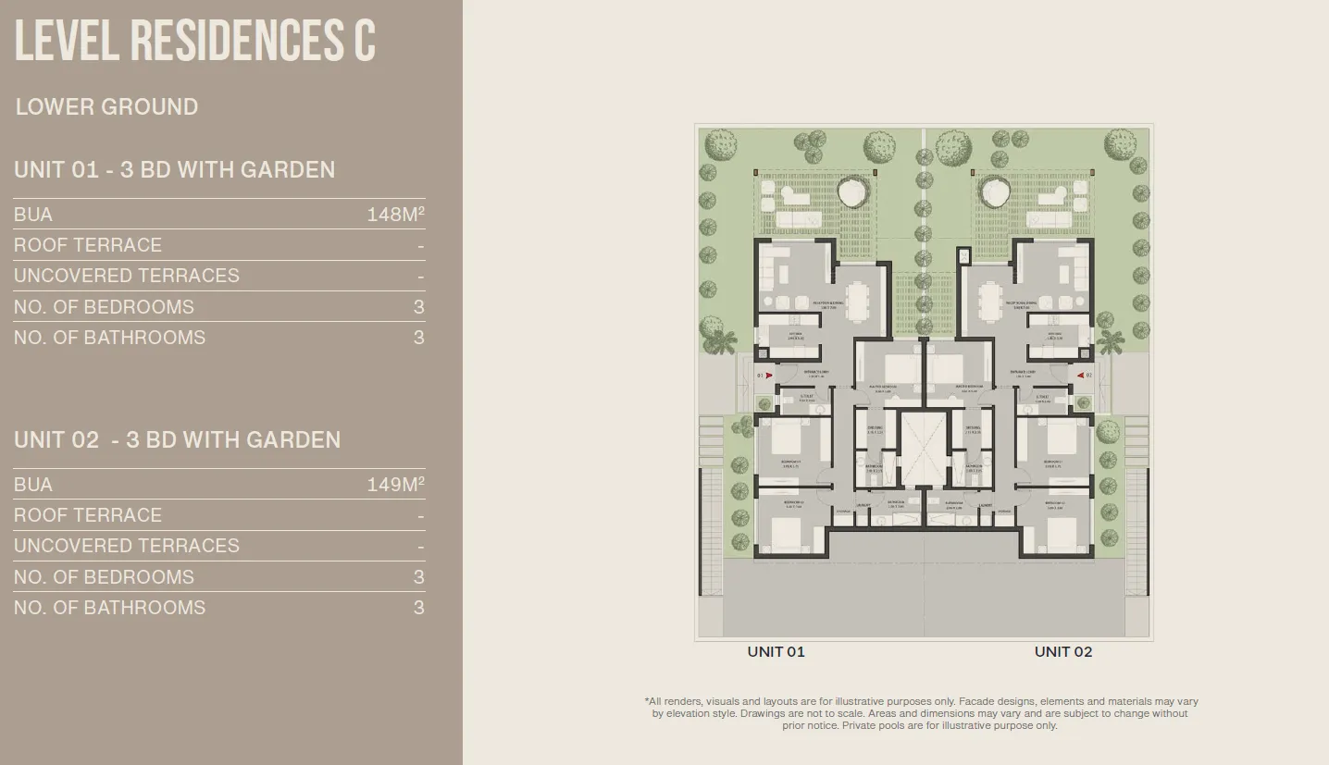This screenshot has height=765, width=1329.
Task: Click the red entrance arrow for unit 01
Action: pyautogui.click(x=768, y=376)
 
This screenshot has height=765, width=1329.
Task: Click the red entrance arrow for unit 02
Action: pyautogui.click(x=1079, y=376)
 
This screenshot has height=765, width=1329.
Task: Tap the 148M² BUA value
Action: pyautogui.click(x=395, y=215)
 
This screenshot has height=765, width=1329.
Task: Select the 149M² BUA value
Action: pyautogui.click(x=395, y=485)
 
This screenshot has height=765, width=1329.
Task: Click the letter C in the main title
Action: pyautogui.click(x=364, y=41)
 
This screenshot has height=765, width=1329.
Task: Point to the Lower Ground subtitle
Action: pyautogui.click(x=106, y=106)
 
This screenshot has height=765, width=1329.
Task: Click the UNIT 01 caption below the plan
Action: pyautogui.click(x=776, y=651)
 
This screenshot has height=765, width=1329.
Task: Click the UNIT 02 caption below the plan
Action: pyautogui.click(x=1062, y=651)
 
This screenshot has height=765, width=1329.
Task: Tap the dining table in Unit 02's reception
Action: pyautogui.click(x=990, y=300)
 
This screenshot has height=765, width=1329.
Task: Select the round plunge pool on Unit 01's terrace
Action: pyautogui.click(x=851, y=193)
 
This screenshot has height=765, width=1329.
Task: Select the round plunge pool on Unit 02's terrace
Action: pyautogui.click(x=996, y=193)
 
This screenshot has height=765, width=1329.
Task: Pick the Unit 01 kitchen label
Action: pyautogui.click(x=795, y=335)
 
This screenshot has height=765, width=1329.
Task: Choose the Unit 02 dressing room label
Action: pyautogui.click(x=973, y=428)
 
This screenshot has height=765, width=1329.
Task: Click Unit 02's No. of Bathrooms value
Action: pyautogui.click(x=418, y=608)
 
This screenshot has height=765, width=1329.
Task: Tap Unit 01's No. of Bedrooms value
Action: pyautogui.click(x=418, y=307)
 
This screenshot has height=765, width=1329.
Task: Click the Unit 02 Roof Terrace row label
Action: pyautogui.click(x=88, y=515)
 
